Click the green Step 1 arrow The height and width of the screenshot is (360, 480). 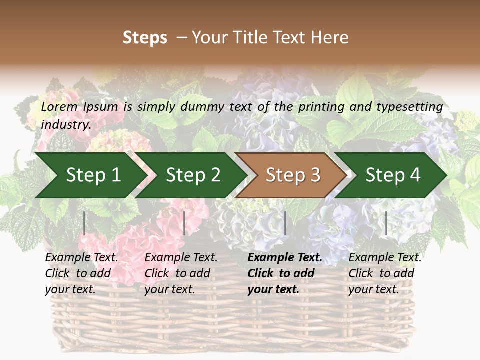coord(90,175)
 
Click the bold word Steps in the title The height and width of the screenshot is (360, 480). coord(145,38)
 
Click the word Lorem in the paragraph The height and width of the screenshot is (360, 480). coord(59,107)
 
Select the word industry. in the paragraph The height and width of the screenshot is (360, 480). coord(66,125)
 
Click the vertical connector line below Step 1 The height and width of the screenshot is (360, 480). coord(84,223)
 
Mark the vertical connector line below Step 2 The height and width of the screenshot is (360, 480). coord(184,223)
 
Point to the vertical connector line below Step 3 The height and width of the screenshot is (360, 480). coord(285,223)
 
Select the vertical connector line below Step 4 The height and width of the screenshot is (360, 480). coord(386,223)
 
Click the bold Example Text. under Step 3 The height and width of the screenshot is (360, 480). coord(285,258)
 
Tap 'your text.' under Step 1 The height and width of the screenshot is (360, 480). coord(70,289)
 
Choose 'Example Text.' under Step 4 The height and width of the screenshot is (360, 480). coord(385,258)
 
